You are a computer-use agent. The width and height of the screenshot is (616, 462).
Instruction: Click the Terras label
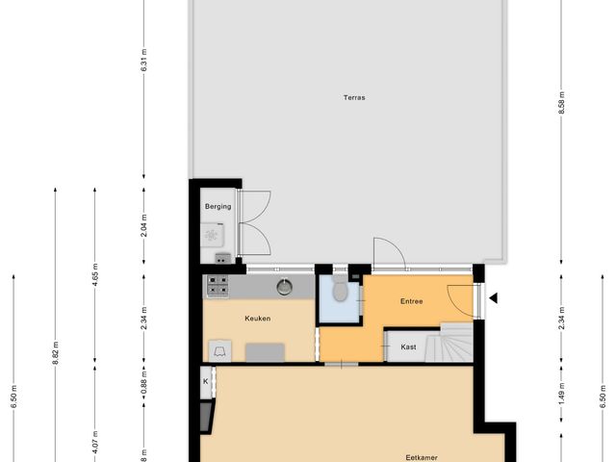355,97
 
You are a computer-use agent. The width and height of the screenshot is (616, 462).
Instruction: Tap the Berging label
218,206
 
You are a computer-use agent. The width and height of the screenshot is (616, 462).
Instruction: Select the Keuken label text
257,318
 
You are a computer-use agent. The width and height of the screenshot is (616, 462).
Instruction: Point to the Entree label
413,302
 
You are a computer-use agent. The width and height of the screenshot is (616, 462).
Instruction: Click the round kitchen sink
285,285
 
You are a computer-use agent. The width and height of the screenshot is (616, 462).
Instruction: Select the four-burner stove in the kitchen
218,285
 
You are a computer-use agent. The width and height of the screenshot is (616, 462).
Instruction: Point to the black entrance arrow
493,298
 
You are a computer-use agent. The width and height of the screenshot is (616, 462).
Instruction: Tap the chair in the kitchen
219,351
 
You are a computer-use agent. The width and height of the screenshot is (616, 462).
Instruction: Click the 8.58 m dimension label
561,103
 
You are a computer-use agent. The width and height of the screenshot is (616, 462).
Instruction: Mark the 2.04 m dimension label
143,225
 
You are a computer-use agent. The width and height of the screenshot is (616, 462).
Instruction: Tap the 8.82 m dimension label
55,356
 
